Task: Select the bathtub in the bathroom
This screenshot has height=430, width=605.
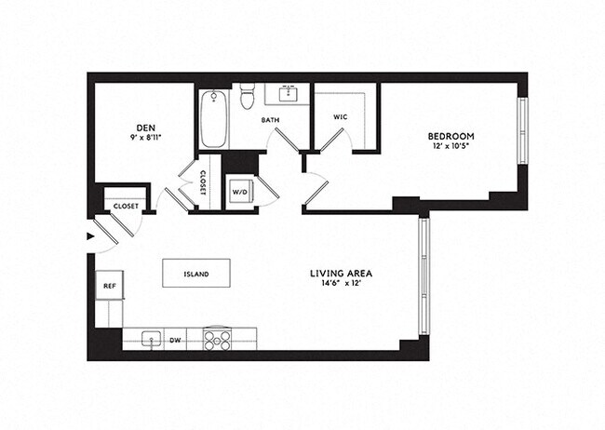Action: pos(213,118)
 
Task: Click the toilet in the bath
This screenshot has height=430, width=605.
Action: pos(248,96)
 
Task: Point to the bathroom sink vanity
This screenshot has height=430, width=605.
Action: pos(286,94)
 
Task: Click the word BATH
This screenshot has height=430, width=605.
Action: pos(270,120)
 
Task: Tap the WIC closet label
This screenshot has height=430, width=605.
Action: pos(340,117)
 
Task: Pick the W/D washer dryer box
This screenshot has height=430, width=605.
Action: pos(240,193)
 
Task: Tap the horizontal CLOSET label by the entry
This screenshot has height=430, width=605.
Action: pos(126,206)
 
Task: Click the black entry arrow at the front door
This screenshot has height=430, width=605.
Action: pos(90,236)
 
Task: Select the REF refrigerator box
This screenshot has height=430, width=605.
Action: pos(109,288)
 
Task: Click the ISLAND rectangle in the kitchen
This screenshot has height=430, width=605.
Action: pos(196,274)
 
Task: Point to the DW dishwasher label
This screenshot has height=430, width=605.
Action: pos(174,341)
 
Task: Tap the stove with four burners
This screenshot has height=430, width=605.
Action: pos(217,340)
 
